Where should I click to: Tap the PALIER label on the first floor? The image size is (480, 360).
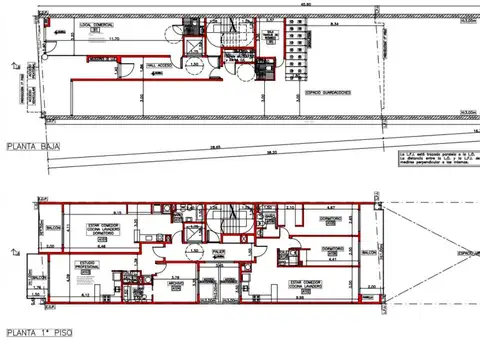coord(219,252)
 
